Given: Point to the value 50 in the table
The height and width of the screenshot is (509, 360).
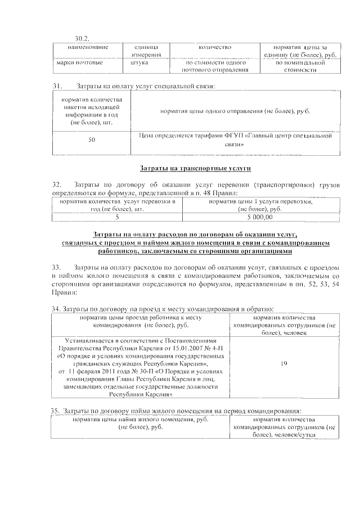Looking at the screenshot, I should point(91,140).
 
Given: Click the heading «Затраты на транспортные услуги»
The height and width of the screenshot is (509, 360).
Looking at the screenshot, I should point(195,168).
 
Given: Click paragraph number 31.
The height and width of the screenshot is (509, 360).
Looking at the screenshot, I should point(56,86).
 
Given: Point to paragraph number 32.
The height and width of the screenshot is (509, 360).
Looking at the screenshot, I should point(56,184).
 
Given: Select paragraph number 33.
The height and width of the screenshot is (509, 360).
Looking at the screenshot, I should point(56,267).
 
